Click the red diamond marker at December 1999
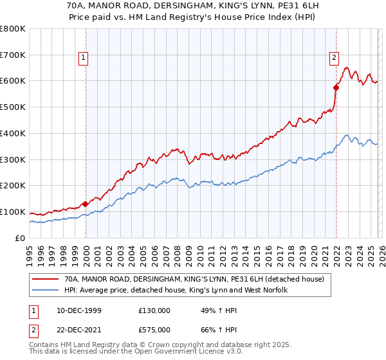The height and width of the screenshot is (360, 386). click(x=86, y=204)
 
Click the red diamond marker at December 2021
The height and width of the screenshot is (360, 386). click(x=336, y=87)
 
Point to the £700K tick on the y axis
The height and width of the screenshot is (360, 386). click(x=13, y=55)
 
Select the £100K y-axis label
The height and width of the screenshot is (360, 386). click(x=13, y=212)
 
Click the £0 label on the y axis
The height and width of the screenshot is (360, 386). click(x=19, y=238)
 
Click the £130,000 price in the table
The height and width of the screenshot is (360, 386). click(x=154, y=310)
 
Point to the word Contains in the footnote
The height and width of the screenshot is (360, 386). click(x=44, y=345)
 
